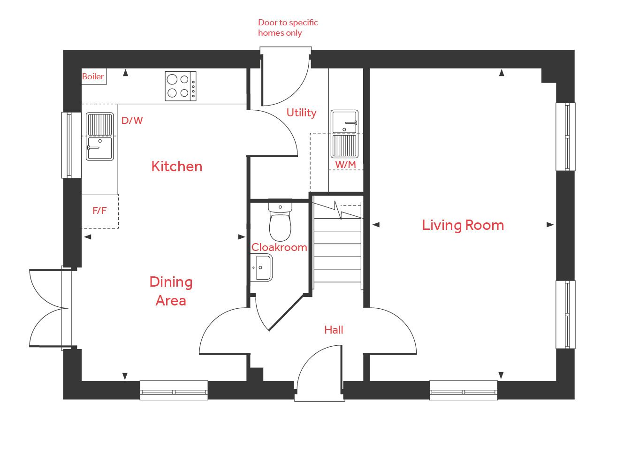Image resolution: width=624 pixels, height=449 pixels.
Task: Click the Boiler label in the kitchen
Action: click(93, 76)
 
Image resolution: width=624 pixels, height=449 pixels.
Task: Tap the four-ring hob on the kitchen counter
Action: click(181, 86)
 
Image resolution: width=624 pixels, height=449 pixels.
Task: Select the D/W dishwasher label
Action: click(132, 121)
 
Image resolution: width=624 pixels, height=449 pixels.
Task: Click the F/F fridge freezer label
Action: click(99, 211)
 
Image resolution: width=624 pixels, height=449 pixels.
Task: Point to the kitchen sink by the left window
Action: click(99, 137)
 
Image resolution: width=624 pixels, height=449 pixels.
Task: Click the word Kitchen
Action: click(177, 167)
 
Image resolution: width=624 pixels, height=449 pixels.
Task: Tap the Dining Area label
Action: click(171, 291)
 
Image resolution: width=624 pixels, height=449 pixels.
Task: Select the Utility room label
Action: click(301, 113)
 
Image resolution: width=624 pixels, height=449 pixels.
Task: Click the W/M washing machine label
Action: click(345, 165)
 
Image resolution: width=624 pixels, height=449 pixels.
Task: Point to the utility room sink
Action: click(344, 134)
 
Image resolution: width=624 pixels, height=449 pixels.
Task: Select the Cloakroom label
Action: click(279, 247)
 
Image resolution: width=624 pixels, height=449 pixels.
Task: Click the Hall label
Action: click(334, 330)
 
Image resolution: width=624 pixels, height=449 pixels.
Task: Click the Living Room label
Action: click(463, 225)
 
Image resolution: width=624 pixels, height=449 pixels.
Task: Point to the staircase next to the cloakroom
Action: click(337, 249)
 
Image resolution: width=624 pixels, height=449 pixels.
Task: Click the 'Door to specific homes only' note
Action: click(288, 28)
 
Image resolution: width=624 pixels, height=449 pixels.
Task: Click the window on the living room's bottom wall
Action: click(463, 390)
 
